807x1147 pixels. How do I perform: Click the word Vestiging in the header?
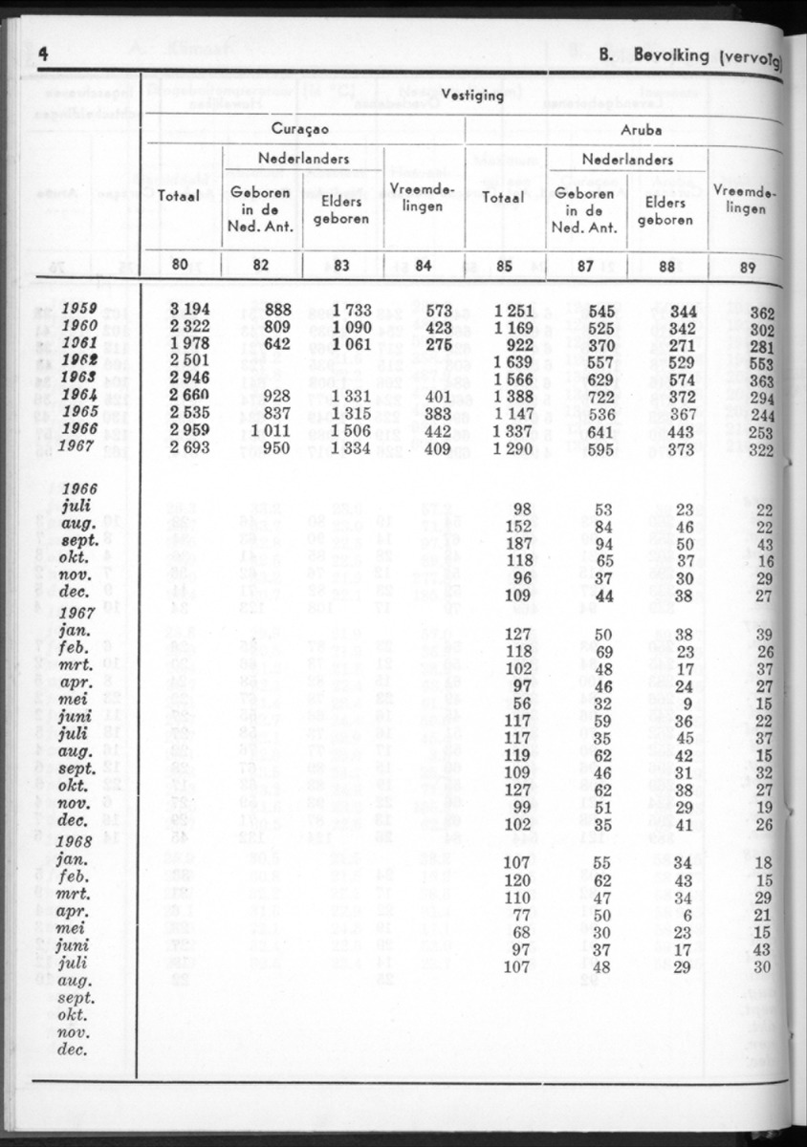(472, 95)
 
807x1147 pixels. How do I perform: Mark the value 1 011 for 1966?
(272, 430)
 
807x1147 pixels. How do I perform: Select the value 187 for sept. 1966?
(521, 543)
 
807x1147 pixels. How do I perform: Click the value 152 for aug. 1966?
(521, 526)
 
